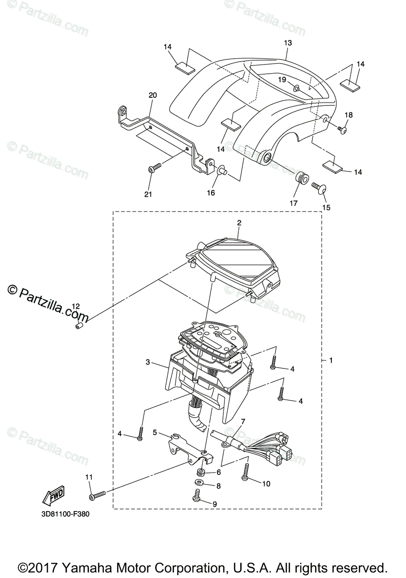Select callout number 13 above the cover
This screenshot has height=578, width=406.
click(x=288, y=43)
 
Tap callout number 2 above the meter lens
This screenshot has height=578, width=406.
click(x=239, y=223)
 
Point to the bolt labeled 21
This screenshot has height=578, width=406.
click(x=154, y=168)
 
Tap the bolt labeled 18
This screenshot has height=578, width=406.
click(x=343, y=130)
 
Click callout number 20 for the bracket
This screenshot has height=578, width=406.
click(x=153, y=95)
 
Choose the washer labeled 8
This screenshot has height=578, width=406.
click(x=199, y=482)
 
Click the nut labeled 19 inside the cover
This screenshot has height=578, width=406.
click(x=297, y=88)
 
